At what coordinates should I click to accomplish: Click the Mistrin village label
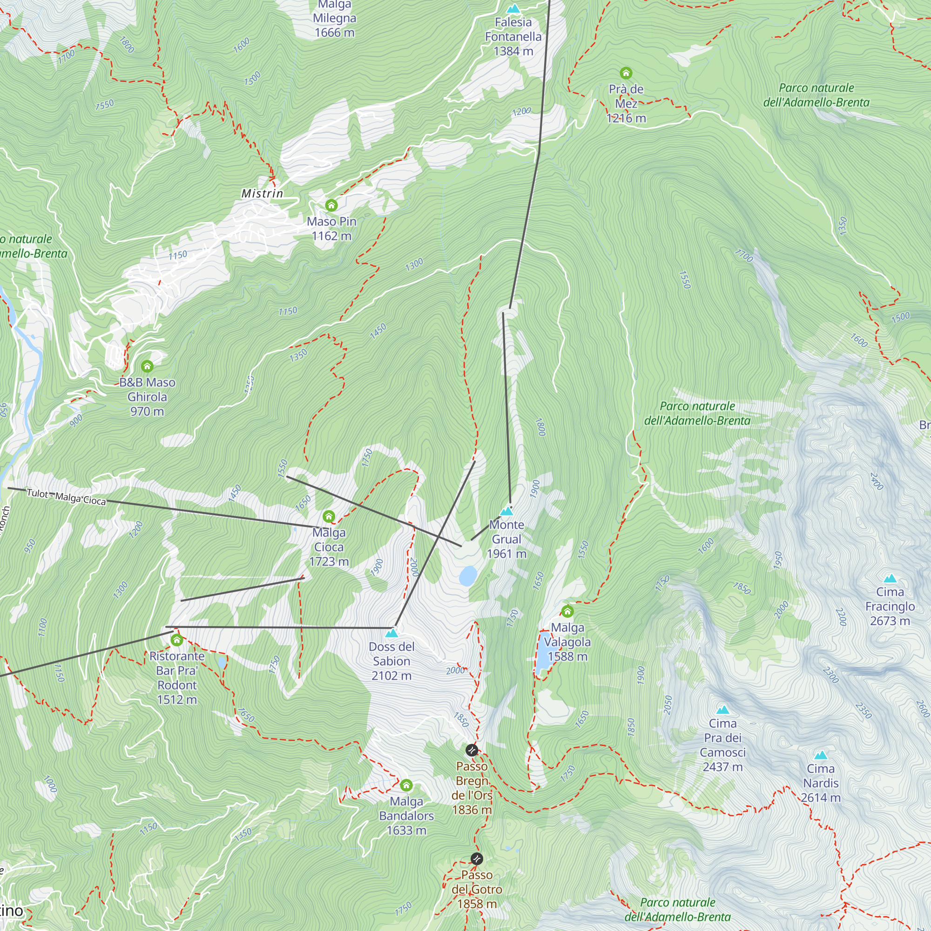(262, 194)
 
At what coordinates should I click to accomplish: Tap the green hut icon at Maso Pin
(331, 206)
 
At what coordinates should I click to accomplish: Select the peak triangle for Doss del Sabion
(392, 633)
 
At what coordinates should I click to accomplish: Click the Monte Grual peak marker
(506, 511)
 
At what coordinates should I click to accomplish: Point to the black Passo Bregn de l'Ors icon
(472, 750)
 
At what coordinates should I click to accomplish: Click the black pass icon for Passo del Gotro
(477, 859)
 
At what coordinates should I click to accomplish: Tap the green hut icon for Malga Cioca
(329, 517)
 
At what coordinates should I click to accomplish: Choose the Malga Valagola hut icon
(567, 612)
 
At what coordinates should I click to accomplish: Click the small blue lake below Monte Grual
(467, 576)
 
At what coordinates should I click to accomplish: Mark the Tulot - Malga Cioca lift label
(66, 497)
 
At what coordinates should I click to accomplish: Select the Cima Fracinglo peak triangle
(890, 579)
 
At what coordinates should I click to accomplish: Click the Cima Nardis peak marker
(821, 755)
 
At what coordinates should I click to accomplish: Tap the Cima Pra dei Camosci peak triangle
(722, 710)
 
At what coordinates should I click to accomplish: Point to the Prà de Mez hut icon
(626, 73)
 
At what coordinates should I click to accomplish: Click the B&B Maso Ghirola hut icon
(147, 366)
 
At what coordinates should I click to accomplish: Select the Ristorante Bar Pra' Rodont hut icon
(177, 641)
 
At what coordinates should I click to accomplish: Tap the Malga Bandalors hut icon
(406, 785)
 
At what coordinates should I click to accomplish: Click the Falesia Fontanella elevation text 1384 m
(513, 51)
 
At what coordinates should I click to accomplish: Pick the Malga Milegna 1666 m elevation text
(334, 33)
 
